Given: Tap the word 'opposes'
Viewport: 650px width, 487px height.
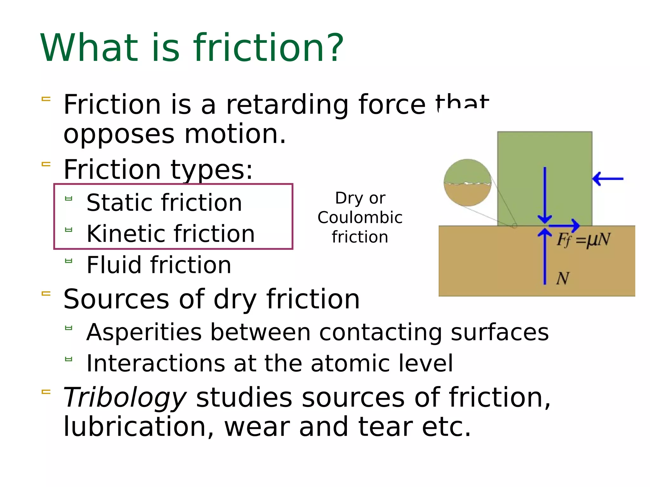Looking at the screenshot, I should pyautogui.click(x=119, y=134).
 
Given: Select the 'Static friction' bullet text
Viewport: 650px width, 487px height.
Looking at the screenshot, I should pyautogui.click(x=164, y=203).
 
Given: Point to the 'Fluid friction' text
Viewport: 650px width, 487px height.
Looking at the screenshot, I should pyautogui.click(x=159, y=265).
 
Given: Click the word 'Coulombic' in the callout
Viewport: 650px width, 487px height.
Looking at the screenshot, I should pyautogui.click(x=360, y=218).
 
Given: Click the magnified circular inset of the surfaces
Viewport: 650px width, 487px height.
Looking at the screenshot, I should pyautogui.click(x=467, y=183).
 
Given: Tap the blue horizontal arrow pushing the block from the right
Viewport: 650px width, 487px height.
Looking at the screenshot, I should pyautogui.click(x=608, y=179).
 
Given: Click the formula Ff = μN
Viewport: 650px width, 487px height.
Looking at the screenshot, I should pyautogui.click(x=583, y=240).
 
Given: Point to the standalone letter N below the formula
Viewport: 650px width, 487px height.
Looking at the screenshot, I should pyautogui.click(x=563, y=278).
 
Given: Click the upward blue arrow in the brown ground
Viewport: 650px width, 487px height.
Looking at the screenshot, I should pyautogui.click(x=545, y=257).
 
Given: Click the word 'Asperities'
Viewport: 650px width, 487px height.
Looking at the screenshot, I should pyautogui.click(x=144, y=332).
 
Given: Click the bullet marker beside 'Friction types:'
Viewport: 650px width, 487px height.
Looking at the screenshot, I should pyautogui.click(x=46, y=164).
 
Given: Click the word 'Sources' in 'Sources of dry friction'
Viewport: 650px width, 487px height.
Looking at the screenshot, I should pyautogui.click(x=116, y=299).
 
